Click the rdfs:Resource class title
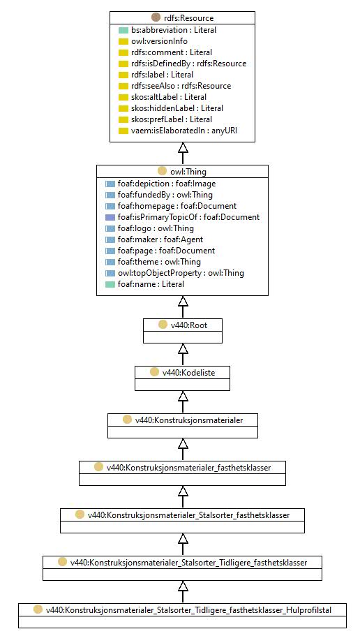[x=188, y=18]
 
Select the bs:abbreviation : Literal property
[x=174, y=30]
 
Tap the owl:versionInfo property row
[x=159, y=41]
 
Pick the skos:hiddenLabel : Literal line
[x=177, y=108]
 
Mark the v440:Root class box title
[x=189, y=325]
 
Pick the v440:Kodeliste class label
[x=188, y=372]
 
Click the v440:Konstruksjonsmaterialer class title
[x=189, y=420]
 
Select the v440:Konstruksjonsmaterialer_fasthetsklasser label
[x=188, y=468]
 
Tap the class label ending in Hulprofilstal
[x=188, y=609]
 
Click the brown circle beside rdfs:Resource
[x=156, y=17]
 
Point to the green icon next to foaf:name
[x=110, y=284]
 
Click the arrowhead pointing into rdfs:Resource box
[x=183, y=147]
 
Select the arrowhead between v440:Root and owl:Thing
[x=183, y=301]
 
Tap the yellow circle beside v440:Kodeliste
[x=154, y=372]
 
